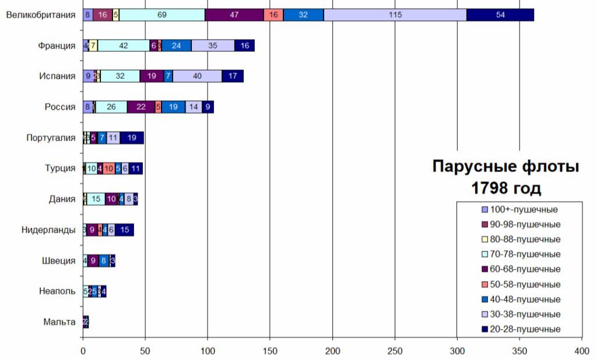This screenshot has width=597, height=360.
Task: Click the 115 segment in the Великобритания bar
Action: (395, 15)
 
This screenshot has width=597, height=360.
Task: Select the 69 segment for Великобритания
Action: (162, 15)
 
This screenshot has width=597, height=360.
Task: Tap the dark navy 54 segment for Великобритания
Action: (500, 15)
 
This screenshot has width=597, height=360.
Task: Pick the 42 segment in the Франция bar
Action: (123, 46)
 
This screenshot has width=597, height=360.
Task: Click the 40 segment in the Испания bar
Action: (197, 76)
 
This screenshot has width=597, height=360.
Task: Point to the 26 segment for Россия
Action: (111, 107)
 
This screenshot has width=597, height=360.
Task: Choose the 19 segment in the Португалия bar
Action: (132, 138)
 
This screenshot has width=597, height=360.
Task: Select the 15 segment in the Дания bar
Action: (96, 199)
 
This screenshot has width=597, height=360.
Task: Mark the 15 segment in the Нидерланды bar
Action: (125, 230)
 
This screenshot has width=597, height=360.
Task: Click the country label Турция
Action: (61, 169)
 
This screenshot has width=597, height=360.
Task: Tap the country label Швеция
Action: (59, 261)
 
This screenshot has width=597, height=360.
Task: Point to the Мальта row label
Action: (59, 322)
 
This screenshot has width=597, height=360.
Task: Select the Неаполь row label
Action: (57, 291)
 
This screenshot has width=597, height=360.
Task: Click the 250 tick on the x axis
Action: (395, 351)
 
